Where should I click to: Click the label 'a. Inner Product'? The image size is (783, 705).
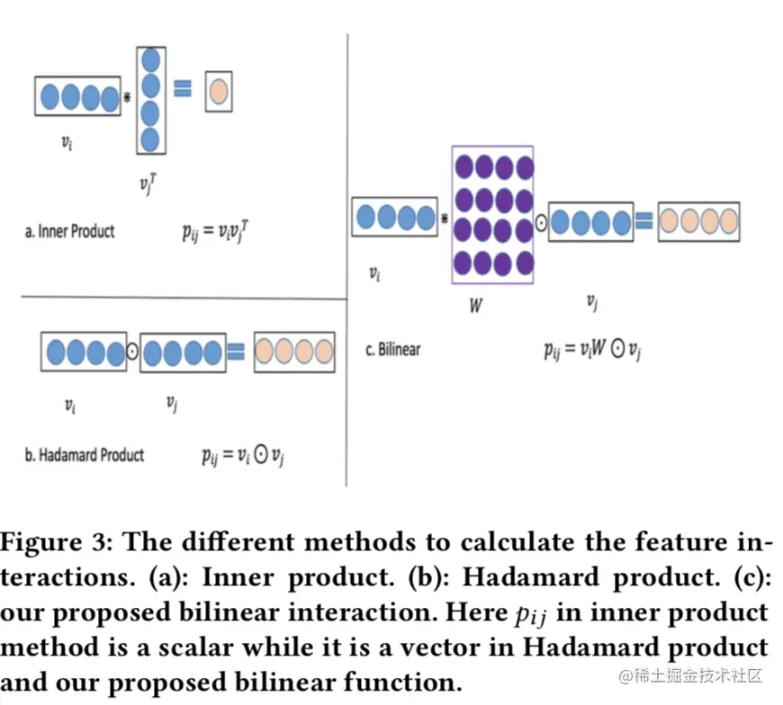coord(69,231)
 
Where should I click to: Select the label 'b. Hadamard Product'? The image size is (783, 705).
coord(84,455)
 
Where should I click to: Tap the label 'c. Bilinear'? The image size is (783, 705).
coord(392,349)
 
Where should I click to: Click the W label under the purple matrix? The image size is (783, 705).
coord(476,306)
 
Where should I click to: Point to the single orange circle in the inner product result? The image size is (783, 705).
coord(218,91)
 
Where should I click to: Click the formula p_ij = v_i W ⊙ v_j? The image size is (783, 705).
coord(591,350)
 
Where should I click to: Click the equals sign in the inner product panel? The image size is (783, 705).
coord(184,88)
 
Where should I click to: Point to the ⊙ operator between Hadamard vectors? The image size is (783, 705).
coord(131,352)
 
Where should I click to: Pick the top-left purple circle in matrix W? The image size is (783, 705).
coord(464,167)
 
